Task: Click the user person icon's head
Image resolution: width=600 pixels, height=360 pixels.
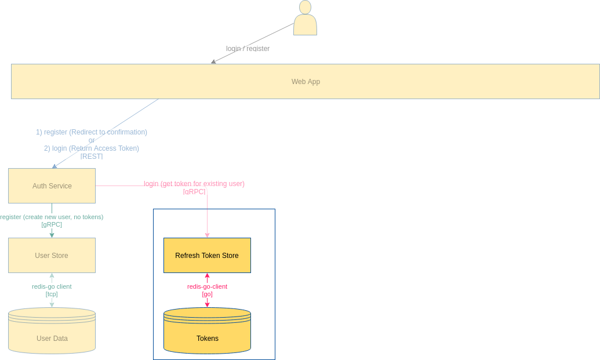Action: [305, 8]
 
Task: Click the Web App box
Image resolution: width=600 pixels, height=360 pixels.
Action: [306, 82]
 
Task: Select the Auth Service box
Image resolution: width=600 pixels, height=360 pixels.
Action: [52, 186]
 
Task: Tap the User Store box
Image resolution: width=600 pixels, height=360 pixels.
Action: [52, 256]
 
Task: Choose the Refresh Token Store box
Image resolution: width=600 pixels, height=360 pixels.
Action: [207, 256]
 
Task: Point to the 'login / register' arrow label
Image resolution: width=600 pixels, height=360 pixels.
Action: [248, 49]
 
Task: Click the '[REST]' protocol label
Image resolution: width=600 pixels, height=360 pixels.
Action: [92, 157]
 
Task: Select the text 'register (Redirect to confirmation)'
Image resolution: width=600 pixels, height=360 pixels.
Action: [96, 132]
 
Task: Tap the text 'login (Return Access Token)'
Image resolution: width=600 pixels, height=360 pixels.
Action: [96, 148]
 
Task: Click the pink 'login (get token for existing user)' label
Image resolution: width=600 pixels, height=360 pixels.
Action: [194, 184]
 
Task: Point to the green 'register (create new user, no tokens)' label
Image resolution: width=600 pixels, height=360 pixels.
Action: [52, 217]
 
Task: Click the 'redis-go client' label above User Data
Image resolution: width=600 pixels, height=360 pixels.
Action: [52, 286]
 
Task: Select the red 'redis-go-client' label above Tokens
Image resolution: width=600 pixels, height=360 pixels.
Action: [207, 286]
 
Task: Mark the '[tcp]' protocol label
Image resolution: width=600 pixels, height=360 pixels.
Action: [52, 294]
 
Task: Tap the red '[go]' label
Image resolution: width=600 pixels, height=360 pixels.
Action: [207, 294]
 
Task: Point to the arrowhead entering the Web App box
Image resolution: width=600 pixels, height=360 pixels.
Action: [213, 61]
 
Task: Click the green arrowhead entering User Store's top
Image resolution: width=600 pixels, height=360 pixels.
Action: [52, 235]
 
